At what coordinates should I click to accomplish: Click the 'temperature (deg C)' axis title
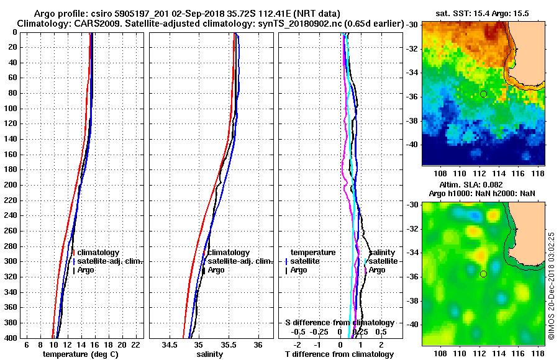coord(80,354)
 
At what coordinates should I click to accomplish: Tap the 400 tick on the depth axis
coord(12,338)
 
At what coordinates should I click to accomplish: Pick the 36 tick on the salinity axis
coord(258,344)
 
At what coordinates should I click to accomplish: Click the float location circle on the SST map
coord(483,94)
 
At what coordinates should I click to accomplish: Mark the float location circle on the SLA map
coord(483,274)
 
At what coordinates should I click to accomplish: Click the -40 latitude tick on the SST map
coord(412,144)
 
